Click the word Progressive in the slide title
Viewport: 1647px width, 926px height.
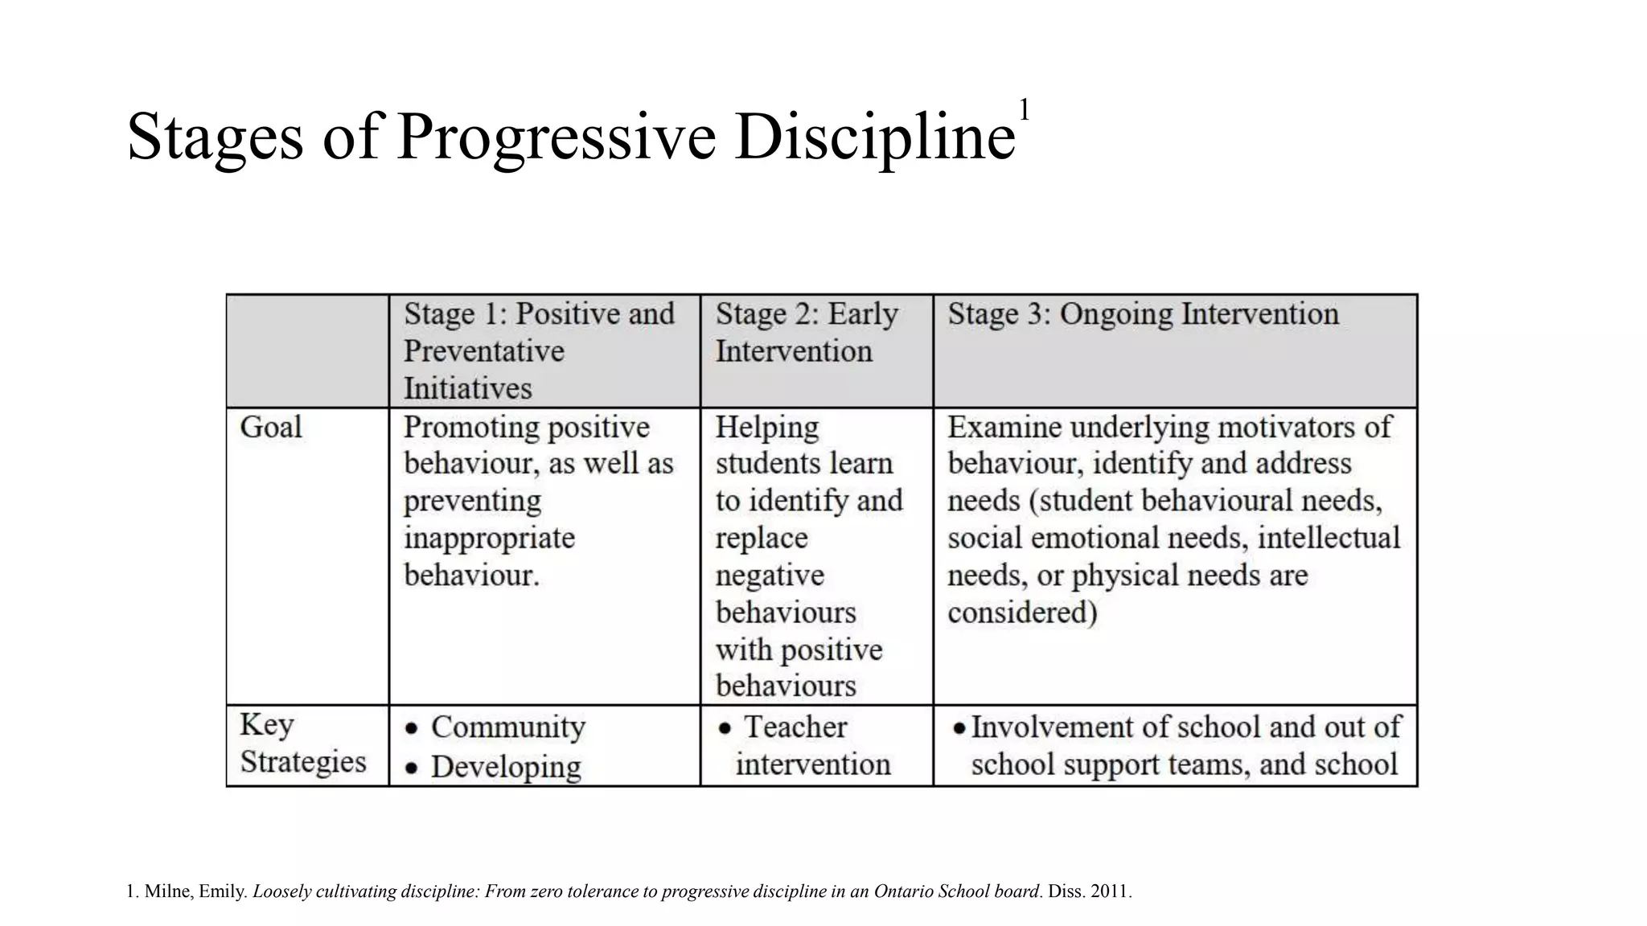(556, 137)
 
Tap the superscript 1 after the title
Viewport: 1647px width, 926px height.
(1024, 109)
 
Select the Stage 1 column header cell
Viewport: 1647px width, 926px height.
(539, 350)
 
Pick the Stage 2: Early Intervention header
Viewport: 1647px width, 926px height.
(807, 332)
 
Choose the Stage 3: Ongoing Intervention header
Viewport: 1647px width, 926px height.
(1143, 313)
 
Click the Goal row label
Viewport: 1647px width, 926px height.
(271, 427)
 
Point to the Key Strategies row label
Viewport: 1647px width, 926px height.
(302, 743)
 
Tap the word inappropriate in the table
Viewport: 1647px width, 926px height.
(489, 538)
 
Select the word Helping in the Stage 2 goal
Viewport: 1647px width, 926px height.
(766, 427)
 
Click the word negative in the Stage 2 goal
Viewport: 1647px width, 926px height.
(770, 576)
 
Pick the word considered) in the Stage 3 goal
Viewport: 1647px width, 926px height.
(1022, 613)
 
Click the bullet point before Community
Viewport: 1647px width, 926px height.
(412, 728)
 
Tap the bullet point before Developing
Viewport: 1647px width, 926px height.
(412, 768)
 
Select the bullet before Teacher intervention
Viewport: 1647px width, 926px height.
(725, 728)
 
